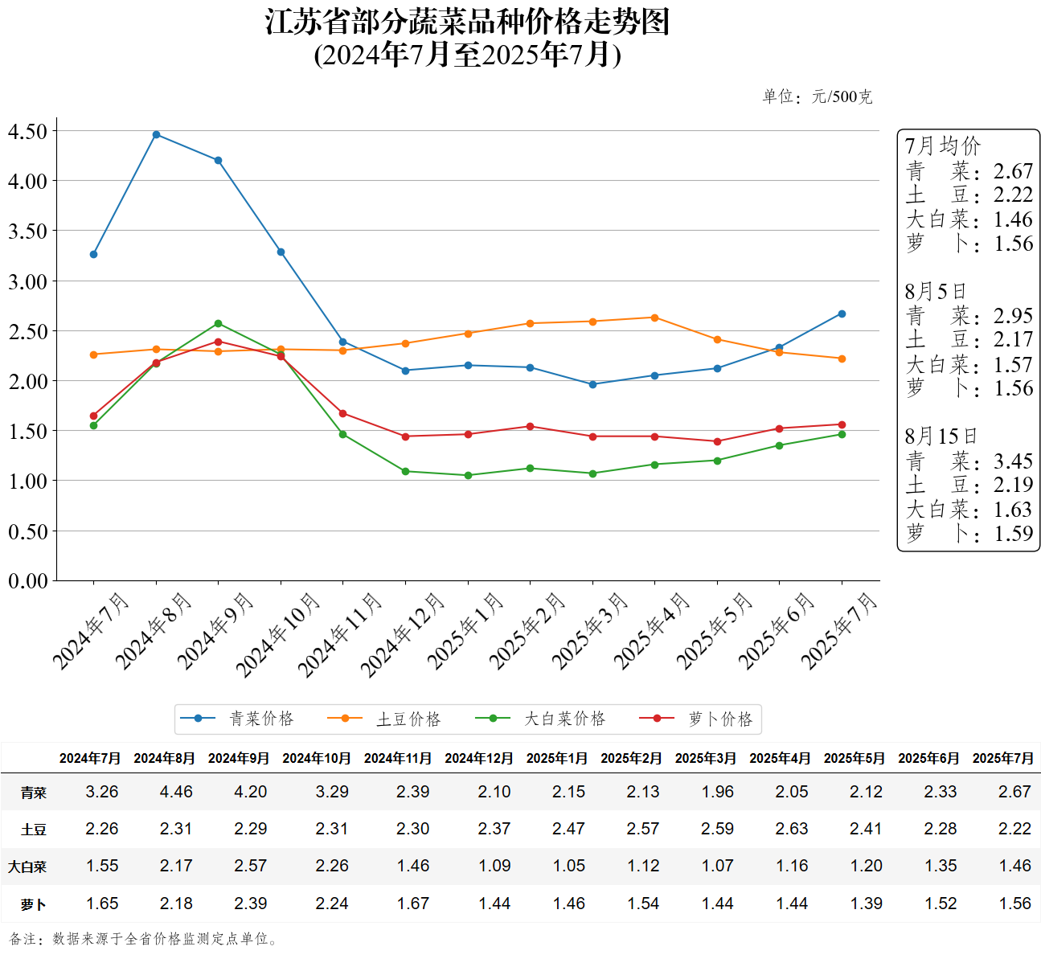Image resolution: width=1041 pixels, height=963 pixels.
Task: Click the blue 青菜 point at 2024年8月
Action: coord(156,134)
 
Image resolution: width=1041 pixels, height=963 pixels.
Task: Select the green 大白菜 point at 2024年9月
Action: coord(218,323)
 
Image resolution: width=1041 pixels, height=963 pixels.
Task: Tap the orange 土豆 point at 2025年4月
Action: coord(654,318)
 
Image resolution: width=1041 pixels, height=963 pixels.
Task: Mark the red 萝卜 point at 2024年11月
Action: coord(342,413)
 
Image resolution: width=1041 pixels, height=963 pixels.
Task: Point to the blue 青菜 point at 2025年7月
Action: coord(842,313)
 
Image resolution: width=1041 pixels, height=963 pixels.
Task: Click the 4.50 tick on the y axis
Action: coord(28,131)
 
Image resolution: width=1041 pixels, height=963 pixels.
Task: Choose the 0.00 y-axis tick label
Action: coord(28,580)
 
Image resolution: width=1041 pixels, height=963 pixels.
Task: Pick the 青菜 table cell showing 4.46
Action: coord(176,792)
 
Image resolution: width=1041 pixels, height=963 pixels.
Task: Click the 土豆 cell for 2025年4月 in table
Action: coord(792,829)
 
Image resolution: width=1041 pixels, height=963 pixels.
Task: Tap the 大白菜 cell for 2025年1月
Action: coord(568,866)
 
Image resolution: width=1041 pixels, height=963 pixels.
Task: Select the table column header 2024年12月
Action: coord(479,758)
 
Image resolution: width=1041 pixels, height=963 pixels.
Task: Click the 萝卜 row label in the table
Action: coord(34,904)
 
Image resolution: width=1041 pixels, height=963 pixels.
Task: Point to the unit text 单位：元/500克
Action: coord(817,96)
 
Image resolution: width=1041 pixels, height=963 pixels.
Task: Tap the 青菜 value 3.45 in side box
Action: coord(1013,461)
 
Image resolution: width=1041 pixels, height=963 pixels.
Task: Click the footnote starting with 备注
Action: coord(145,939)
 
